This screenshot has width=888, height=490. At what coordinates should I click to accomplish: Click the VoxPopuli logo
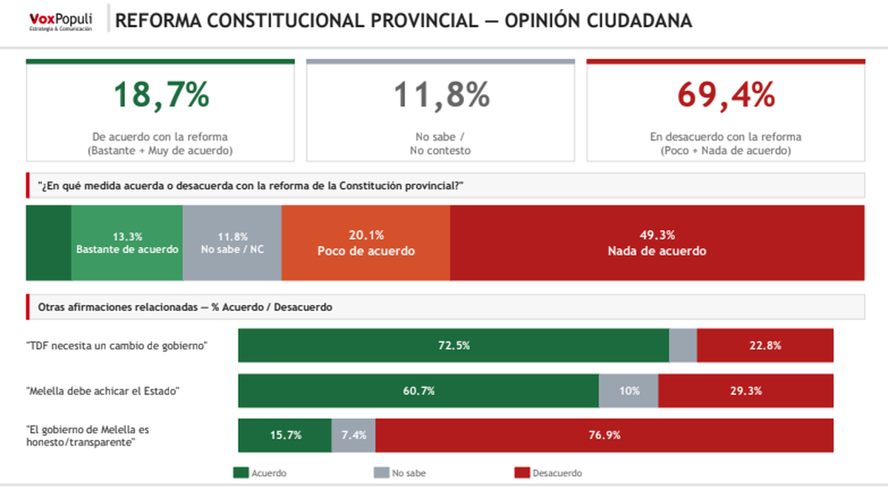pyautogui.click(x=61, y=21)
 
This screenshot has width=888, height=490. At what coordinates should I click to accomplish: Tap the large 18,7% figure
pyautogui.click(x=161, y=95)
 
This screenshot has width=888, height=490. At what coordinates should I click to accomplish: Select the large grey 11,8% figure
pyautogui.click(x=440, y=95)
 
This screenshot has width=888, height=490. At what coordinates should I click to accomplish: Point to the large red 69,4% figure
pyautogui.click(x=725, y=95)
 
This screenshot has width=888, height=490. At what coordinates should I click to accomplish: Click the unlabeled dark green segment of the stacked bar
pyautogui.click(x=49, y=243)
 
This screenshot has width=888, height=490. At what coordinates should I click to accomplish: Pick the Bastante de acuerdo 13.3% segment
pyautogui.click(x=127, y=243)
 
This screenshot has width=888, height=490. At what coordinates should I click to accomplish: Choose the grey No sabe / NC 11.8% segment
pyautogui.click(x=232, y=243)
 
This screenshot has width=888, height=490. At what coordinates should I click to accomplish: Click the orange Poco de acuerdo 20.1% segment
pyautogui.click(x=366, y=243)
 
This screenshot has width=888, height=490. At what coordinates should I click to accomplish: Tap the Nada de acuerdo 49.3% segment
pyautogui.click(x=657, y=243)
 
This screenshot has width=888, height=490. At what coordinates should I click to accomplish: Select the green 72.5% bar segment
pyautogui.click(x=454, y=346)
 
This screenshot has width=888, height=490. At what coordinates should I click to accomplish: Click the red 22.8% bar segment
pyautogui.click(x=765, y=346)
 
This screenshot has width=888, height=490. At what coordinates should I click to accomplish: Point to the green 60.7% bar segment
pyautogui.click(x=418, y=391)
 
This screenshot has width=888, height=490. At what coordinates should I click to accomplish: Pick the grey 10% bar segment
pyautogui.click(x=628, y=391)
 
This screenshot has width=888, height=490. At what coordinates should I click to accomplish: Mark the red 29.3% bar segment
pyautogui.click(x=746, y=391)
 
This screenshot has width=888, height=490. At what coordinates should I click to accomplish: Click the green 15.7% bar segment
pyautogui.click(x=285, y=435)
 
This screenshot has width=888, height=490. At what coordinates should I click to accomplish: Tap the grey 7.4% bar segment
pyautogui.click(x=354, y=435)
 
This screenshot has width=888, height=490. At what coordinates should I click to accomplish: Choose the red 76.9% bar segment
pyautogui.click(x=605, y=435)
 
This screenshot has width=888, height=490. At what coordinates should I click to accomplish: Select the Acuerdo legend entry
pyautogui.click(x=260, y=473)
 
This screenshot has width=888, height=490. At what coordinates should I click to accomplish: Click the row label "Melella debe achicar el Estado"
pyautogui.click(x=104, y=391)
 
